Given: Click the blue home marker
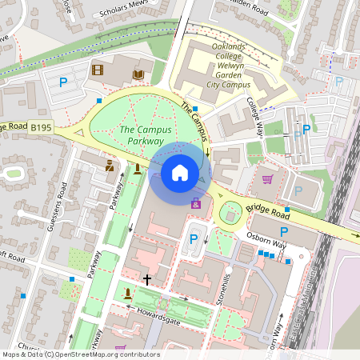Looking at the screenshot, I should click(x=180, y=172).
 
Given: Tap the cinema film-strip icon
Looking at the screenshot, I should click(x=98, y=70).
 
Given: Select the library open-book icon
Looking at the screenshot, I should click(x=138, y=74).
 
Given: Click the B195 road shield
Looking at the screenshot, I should click(x=42, y=127).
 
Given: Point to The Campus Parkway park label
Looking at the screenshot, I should click(x=141, y=134).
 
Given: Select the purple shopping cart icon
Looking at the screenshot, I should click(x=267, y=179).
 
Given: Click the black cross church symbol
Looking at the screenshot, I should click(x=146, y=280).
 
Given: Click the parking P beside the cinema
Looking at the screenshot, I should click(x=63, y=82).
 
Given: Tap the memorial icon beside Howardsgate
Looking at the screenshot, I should click(x=128, y=294).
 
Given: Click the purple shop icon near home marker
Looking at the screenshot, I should click(x=196, y=206).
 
